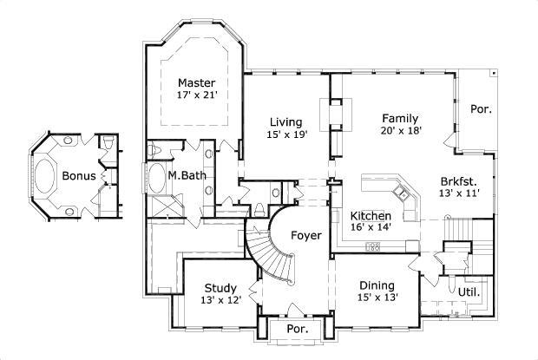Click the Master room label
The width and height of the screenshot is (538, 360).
pos(196,82)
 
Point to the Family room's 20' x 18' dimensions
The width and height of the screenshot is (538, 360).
pos(400,131)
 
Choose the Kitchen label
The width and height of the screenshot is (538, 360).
pos(371,215)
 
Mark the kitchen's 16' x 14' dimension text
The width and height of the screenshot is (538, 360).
pos(371,227)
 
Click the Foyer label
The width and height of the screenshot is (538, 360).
pos(305,235)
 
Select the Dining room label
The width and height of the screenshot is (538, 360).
pos(377,285)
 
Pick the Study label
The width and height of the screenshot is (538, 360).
pos(221,289)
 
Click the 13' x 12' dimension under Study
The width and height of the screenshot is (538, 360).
pos(221,301)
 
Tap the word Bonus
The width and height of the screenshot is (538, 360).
pos(78,175)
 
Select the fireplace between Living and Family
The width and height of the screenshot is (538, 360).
pos(331,115)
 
